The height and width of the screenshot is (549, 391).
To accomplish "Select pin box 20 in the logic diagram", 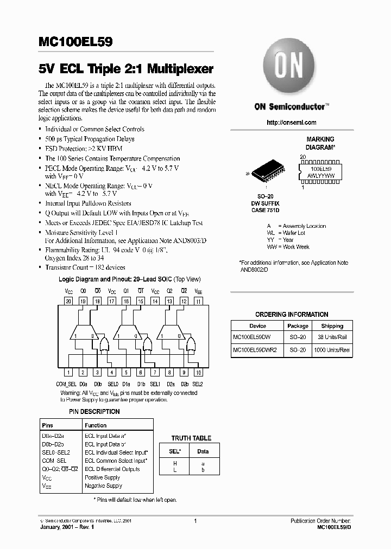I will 68,301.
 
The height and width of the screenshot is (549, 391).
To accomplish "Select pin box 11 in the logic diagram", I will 198,301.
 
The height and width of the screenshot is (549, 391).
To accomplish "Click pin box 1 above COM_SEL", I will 68,372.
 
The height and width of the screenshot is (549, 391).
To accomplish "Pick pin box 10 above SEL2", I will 198,372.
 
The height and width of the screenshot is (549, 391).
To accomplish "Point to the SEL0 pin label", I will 112,384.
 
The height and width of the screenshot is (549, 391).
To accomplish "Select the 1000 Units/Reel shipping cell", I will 332,350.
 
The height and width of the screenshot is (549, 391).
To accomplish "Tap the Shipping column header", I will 332,326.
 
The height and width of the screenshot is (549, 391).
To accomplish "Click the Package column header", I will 298,326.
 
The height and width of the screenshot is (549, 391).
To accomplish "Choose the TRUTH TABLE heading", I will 191,438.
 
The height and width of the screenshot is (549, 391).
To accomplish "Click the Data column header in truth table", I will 203,451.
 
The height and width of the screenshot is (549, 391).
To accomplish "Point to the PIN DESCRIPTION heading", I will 94,412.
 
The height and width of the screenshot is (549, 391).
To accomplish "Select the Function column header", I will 96,425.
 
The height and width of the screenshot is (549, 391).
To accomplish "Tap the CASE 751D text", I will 266,210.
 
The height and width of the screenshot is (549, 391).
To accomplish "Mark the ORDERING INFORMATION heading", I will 292,314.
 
